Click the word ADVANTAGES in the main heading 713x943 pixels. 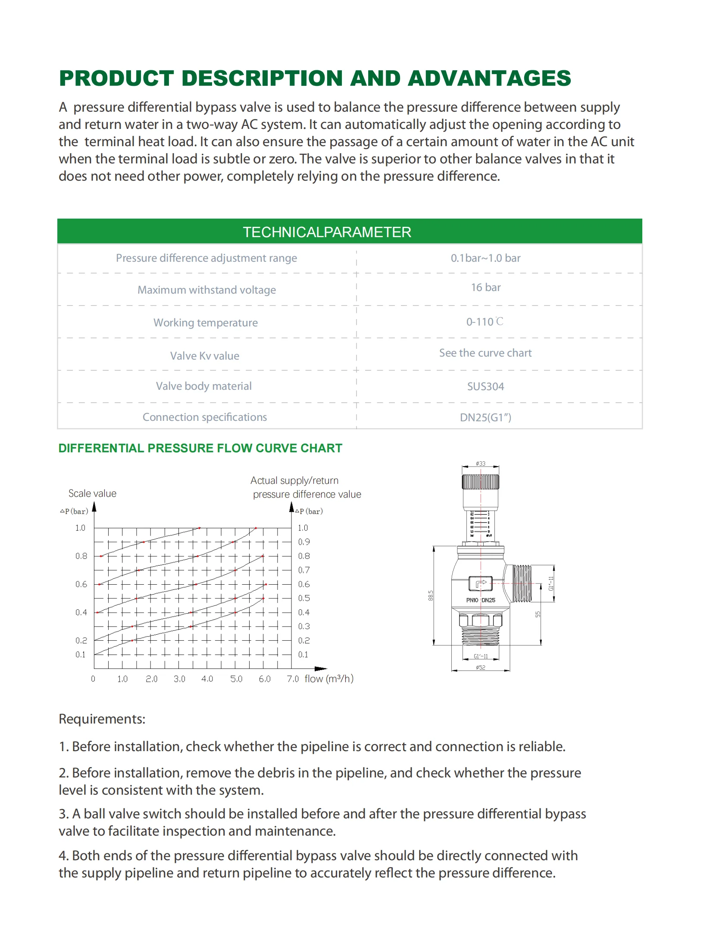click(489, 78)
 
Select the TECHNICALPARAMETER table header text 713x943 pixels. click(327, 232)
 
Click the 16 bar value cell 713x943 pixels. click(485, 288)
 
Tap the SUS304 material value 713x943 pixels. click(485, 386)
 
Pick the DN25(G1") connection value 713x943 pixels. click(485, 417)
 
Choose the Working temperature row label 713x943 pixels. click(206, 323)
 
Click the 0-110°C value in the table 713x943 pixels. click(485, 322)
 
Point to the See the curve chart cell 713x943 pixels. click(485, 353)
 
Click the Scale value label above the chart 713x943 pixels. click(92, 493)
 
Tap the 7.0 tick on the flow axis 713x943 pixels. click(293, 679)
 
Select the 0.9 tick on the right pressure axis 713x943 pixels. click(304, 542)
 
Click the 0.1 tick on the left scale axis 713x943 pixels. click(81, 655)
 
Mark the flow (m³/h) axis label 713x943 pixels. click(329, 679)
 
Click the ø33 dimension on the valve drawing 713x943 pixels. click(481, 464)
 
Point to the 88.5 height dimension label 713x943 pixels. click(431, 595)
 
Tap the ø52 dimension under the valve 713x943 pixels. click(481, 667)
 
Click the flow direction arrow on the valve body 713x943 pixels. click(481, 584)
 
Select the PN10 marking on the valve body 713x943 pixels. click(472, 600)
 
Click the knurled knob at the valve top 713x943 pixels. click(481, 482)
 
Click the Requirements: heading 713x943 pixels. click(102, 719)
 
